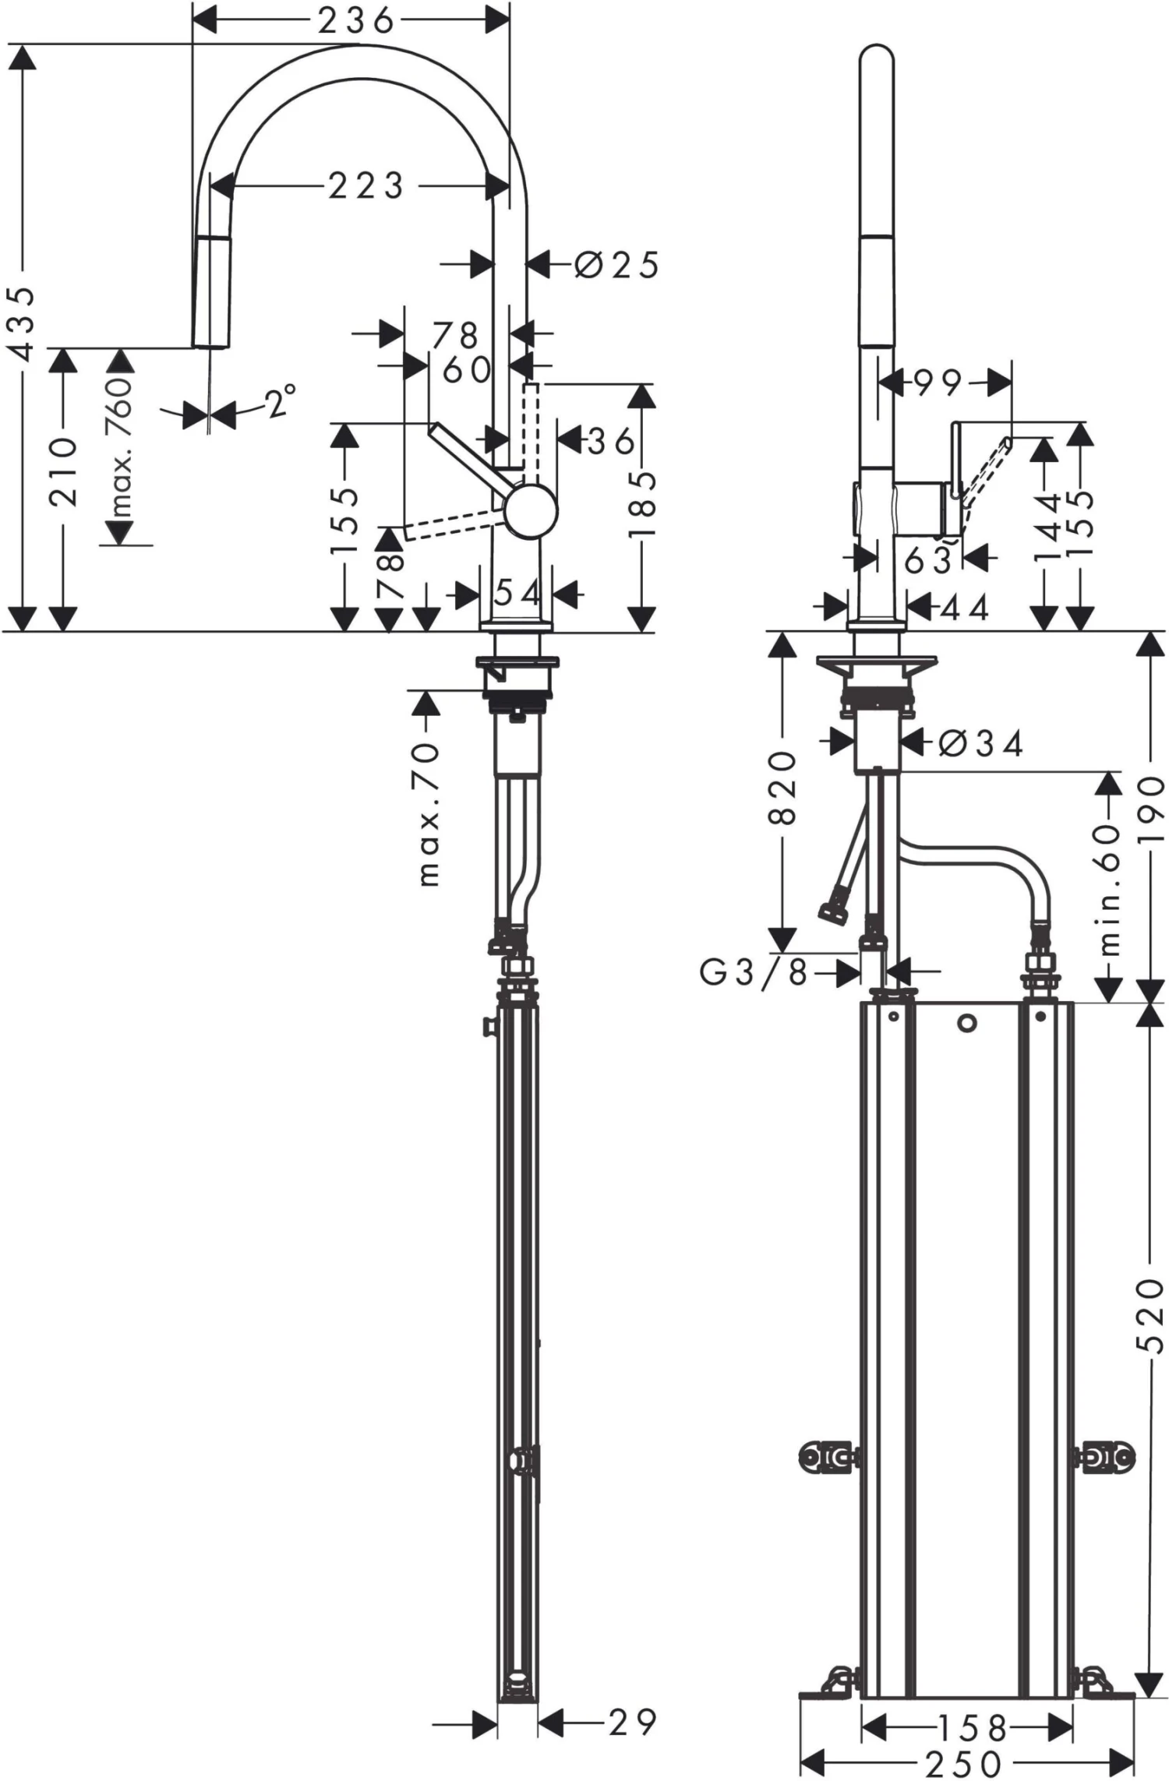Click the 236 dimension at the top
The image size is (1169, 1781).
pyautogui.click(x=355, y=21)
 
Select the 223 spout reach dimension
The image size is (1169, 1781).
pyautogui.click(x=366, y=186)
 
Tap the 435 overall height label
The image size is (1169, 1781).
pyautogui.click(x=24, y=323)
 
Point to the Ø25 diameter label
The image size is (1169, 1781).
pyautogui.click(x=616, y=266)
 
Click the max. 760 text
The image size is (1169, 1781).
pyautogui.click(x=120, y=448)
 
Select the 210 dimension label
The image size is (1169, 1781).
pyautogui.click(x=64, y=472)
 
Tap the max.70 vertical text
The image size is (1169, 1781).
pyautogui.click(x=428, y=815)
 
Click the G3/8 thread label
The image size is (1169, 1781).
pyautogui.click(x=753, y=972)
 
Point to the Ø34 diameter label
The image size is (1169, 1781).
pyautogui.click(x=980, y=745)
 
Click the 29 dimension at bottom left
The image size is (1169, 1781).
pyautogui.click(x=632, y=1723)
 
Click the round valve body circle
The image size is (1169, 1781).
pyautogui.click(x=530, y=510)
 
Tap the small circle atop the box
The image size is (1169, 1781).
pyautogui.click(x=967, y=1024)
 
